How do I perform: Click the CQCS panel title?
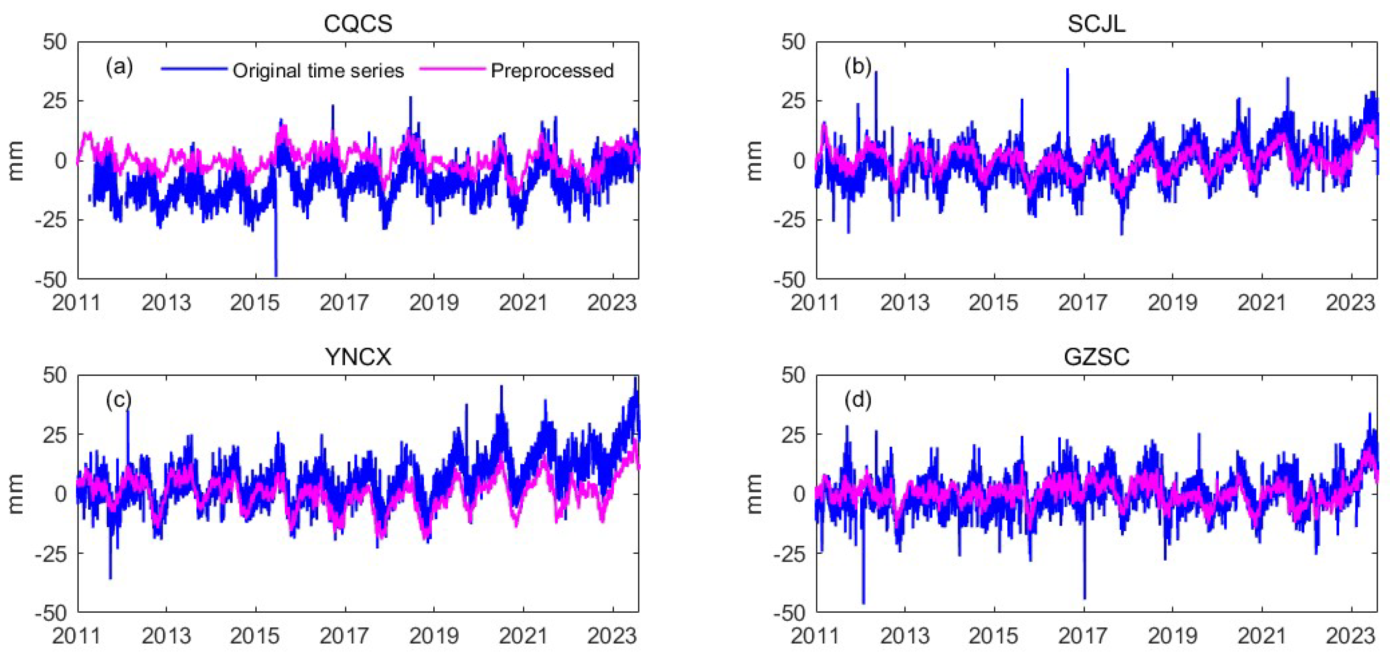coord(358,24)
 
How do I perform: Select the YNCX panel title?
coord(358,357)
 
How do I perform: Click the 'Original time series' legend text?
coord(318,71)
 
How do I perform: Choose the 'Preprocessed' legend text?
coord(552,71)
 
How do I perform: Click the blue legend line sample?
coord(194,68)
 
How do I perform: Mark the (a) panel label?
coord(119,67)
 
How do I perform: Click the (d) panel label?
coord(858,400)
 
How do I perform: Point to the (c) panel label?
coord(119,400)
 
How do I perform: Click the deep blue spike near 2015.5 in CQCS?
coord(276,254)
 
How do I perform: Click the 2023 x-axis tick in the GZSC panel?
coord(1350,636)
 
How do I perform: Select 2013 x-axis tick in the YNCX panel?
coord(166,636)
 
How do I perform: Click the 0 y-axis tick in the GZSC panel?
coord(799,493)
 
